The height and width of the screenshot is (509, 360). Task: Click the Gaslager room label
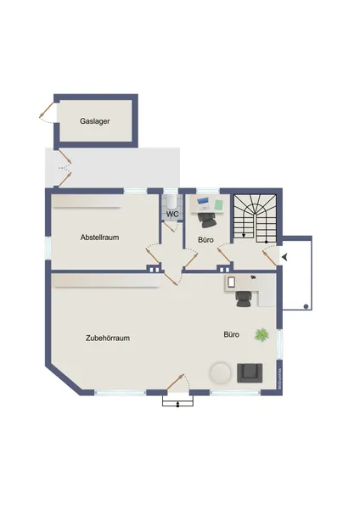tap(95, 121)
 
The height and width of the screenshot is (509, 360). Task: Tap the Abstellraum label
tap(99, 238)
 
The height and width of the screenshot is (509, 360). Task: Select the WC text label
tap(172, 214)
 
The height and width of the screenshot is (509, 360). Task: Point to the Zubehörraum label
tap(107, 338)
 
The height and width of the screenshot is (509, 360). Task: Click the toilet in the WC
tap(172, 200)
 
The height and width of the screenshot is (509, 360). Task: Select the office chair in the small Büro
tap(208, 220)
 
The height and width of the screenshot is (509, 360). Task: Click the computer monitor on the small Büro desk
tap(204, 204)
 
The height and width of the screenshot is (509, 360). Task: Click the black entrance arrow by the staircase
tap(284, 256)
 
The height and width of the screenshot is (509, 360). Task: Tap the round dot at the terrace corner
tap(305, 306)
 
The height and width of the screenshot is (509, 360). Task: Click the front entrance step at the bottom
tap(177, 401)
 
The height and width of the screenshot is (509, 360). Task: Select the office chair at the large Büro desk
tap(244, 295)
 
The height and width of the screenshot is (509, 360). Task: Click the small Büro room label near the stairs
tap(205, 240)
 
